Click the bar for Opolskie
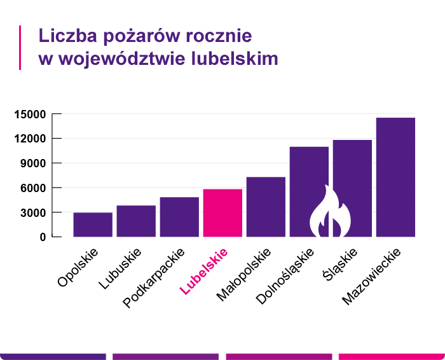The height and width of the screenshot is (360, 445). click(93, 225)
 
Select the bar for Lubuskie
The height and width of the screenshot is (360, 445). click(136, 221)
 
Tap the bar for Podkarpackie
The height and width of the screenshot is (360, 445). click(179, 217)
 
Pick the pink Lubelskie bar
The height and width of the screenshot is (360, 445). click(222, 213)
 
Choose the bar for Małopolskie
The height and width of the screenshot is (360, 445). click(266, 207)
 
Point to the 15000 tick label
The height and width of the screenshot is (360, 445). click(29, 114)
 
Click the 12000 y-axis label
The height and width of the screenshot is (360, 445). click(29, 139)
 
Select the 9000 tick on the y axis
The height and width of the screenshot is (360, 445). click(32, 163)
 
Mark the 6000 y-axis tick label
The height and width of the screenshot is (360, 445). click(32, 188)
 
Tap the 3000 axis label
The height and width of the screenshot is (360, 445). click(32, 212)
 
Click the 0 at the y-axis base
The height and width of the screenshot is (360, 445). click(43, 237)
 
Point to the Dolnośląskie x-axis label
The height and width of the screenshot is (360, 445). click(285, 275)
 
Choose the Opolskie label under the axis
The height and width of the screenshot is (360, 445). click(78, 268)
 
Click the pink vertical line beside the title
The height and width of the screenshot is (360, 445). click(20, 47)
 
